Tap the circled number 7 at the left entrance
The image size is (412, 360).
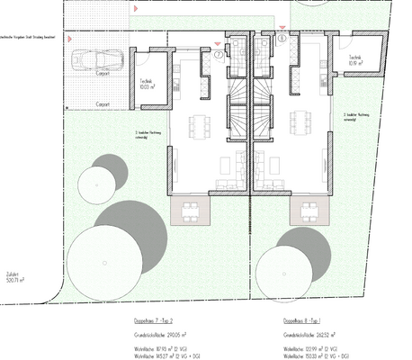tap(219, 54)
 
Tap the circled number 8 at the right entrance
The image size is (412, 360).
tap(282, 39)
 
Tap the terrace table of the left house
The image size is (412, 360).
tap(191, 211)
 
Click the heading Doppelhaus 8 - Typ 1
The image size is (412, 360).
tap(301, 319)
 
